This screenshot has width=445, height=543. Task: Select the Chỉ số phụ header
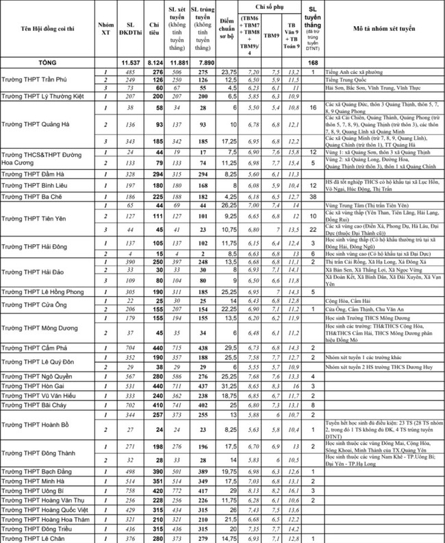coord(271,6)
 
